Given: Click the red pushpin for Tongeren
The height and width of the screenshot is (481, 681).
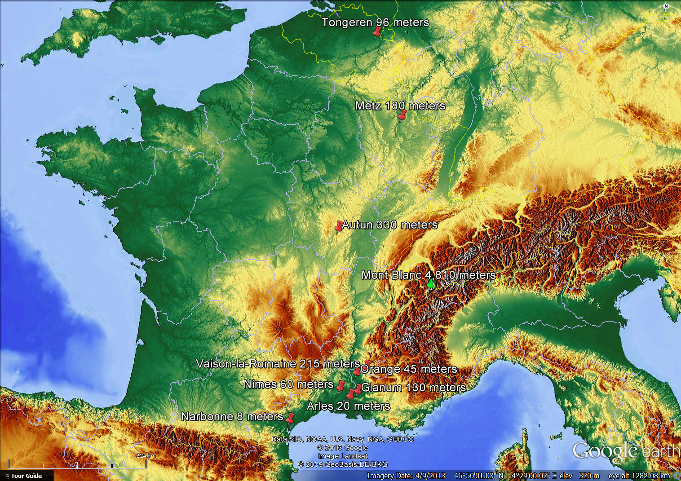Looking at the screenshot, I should tap(377, 31).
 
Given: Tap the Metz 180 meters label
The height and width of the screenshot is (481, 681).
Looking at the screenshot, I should tap(400, 106).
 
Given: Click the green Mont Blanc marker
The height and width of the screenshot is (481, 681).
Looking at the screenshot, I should tap(430, 284).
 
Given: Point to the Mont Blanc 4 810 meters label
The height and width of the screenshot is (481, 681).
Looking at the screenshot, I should tap(429, 275).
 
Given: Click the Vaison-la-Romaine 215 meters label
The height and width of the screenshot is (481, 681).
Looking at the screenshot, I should tap(278, 364).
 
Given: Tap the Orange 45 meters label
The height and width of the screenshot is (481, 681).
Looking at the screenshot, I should tap(409, 369).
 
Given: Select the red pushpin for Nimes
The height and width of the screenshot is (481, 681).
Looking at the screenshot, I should tap(341, 385).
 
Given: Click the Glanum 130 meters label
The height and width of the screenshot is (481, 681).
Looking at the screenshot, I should tap(413, 388).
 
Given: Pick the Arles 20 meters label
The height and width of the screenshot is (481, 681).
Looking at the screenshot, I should tap(349, 406).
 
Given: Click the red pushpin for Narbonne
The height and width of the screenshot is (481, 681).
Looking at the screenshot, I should tap(290, 419).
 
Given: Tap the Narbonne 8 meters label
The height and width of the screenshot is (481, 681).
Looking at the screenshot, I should tap(232, 417).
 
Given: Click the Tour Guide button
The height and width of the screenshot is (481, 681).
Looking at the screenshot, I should tap(26, 476).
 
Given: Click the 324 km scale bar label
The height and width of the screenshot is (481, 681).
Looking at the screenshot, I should tap(146, 456).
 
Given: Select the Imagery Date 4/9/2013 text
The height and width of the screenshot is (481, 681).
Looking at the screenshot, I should tap(406, 476).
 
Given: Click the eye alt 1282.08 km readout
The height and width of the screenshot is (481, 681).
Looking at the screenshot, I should tap(639, 476).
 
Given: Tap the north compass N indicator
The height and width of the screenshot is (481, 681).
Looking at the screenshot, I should tap(666, 6).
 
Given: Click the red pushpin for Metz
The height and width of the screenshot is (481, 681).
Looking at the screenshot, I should tap(402, 115).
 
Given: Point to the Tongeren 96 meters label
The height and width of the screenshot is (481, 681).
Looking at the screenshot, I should tap(375, 22).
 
